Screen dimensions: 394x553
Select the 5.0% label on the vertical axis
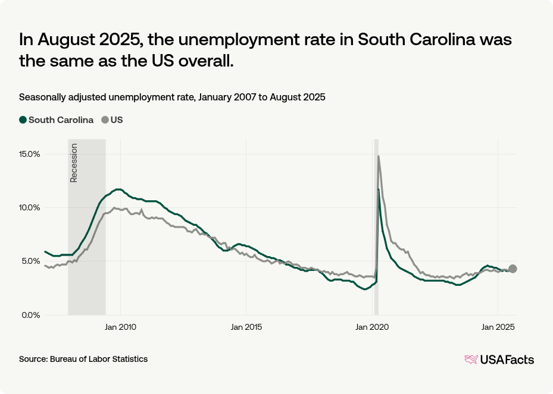[30, 261]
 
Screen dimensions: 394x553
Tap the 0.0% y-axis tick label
[30, 315]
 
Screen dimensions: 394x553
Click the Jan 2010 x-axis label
[121, 327]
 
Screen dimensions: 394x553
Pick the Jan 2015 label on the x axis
[246, 327]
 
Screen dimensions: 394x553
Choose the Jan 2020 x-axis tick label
[371, 327]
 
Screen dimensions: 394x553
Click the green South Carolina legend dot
[23, 120]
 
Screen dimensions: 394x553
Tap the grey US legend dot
[105, 120]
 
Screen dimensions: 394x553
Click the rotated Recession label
[74, 163]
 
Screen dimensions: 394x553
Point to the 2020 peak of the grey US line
[379, 156]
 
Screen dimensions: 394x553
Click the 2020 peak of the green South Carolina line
[377, 190]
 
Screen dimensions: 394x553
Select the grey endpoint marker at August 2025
[513, 269]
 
